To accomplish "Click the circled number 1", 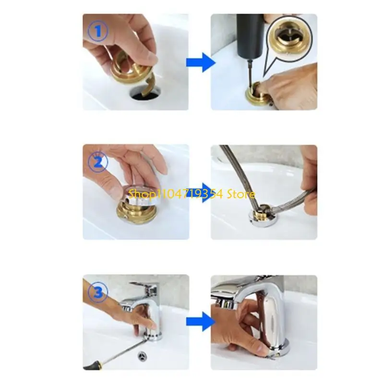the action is point(98,31).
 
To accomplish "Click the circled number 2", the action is point(98,162).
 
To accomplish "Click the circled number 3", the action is point(98,292).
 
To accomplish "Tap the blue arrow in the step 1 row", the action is point(201,62).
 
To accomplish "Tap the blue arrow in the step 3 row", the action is point(201,322).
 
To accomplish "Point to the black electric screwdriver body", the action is point(250,37).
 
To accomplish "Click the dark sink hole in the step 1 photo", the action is point(146,94).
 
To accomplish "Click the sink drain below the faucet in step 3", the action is point(143,356).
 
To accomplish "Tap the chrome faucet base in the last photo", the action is point(280,349).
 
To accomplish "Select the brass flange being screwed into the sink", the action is point(258,96).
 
